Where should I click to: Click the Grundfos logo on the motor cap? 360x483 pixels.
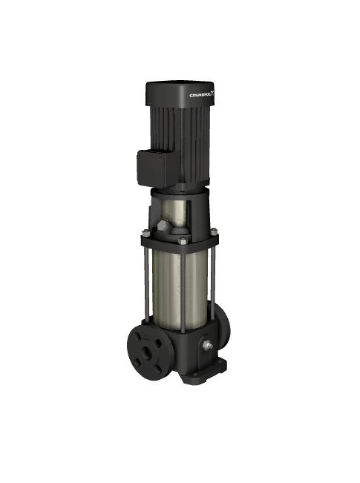pyautogui.click(x=202, y=94)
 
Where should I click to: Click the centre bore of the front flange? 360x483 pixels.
pyautogui.click(x=146, y=351)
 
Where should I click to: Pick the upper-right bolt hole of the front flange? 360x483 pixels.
pyautogui.click(x=158, y=343)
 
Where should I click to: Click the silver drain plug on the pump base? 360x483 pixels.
pyautogui.click(x=207, y=345)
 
